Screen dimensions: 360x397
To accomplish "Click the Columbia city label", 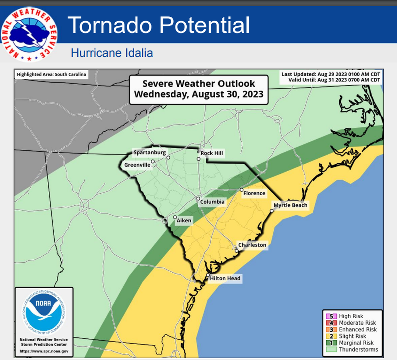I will click(x=212, y=202).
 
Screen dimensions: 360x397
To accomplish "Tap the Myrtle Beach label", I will click(x=290, y=205).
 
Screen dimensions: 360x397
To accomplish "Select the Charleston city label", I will click(x=252, y=245).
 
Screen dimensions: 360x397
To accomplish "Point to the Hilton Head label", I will click(x=225, y=279).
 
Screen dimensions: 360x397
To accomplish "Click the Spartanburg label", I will click(x=150, y=152).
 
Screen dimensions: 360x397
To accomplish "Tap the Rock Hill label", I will click(x=212, y=153).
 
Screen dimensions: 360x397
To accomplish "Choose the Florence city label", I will click(x=254, y=193).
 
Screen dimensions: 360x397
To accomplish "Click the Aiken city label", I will click(x=184, y=221).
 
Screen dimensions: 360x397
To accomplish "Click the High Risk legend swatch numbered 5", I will click(x=331, y=316).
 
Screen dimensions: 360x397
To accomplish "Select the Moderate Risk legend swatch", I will click(x=331, y=323).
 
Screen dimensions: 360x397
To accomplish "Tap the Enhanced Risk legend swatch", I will click(x=331, y=330).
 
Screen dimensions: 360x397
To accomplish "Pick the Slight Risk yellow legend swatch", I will click(x=331, y=336).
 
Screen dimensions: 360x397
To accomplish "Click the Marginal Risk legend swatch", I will click(x=331, y=343).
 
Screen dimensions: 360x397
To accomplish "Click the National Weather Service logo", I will click(x=29, y=34).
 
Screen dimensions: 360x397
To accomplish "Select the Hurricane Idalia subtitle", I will click(x=112, y=53).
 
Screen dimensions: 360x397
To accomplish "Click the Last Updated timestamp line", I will click(x=331, y=75).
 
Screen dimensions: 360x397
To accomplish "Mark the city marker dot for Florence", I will click(x=241, y=190).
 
